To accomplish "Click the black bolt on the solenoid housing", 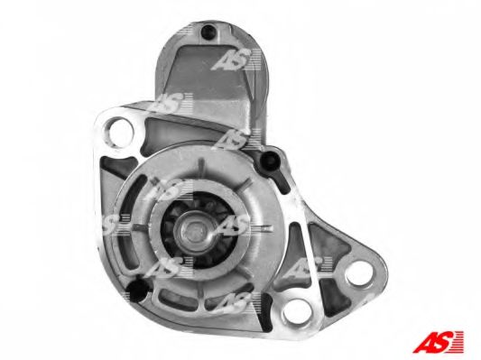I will [x=209, y=33].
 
